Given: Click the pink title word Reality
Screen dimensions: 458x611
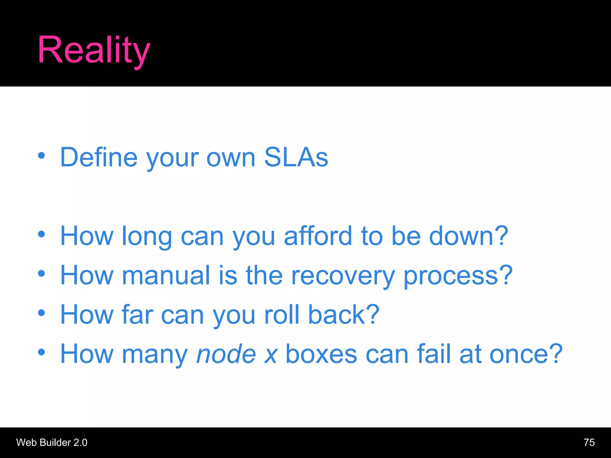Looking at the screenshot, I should click(94, 50).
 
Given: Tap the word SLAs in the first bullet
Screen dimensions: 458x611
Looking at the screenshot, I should click(296, 157).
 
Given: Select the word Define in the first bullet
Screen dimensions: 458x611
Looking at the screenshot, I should click(99, 157).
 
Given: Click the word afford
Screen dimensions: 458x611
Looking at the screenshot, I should click(318, 236).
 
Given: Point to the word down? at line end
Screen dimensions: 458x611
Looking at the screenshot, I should click(468, 236).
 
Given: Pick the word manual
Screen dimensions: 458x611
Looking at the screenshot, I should click(166, 275).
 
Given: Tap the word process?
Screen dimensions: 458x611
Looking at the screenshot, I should click(458, 275).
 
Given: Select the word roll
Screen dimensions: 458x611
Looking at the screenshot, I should click(282, 315).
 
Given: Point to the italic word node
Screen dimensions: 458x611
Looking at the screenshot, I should click(226, 354).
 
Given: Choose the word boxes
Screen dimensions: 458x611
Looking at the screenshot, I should click(321, 354).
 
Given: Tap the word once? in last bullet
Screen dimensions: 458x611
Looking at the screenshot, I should click(526, 354).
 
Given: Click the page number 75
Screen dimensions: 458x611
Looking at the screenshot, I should click(589, 442).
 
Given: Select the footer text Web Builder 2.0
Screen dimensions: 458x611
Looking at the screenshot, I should click(52, 442).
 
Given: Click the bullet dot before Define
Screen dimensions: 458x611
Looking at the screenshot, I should click(41, 155).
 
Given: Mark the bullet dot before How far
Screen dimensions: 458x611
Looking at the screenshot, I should click(41, 313).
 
